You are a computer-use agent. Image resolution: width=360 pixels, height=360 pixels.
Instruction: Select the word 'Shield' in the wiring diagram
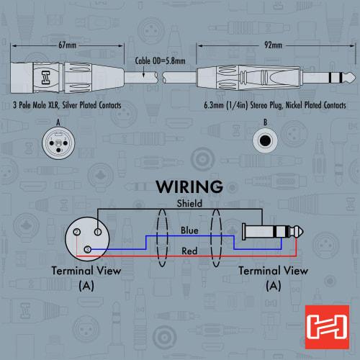[189, 204]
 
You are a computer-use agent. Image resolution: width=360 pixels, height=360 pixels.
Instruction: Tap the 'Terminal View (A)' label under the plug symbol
[273, 277]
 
